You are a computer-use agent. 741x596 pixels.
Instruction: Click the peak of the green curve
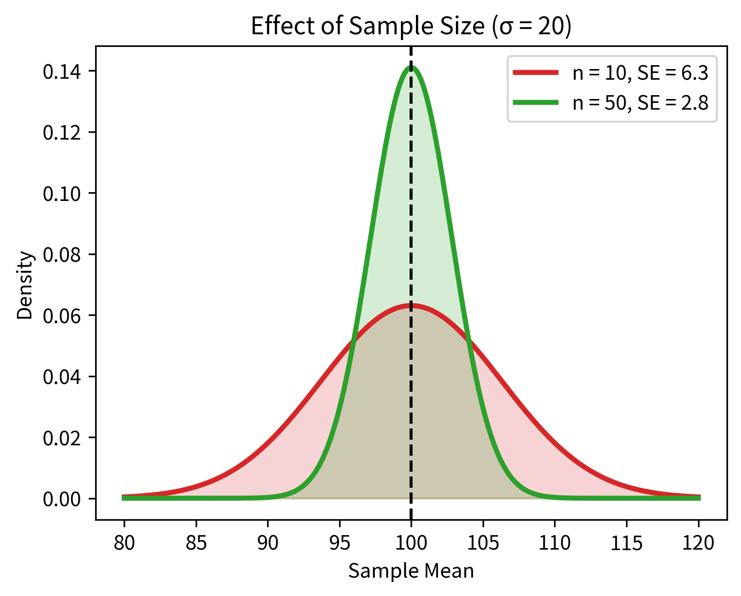tap(411, 67)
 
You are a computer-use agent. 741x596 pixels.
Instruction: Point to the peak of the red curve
tap(411, 305)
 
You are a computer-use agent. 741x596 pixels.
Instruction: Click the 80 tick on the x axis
tap(124, 543)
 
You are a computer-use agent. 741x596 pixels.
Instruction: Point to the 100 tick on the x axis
tap(411, 543)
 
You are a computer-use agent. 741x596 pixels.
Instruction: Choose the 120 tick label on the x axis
tap(698, 543)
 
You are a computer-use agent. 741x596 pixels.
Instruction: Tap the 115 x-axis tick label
tap(627, 543)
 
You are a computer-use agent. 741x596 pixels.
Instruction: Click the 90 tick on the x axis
tap(268, 543)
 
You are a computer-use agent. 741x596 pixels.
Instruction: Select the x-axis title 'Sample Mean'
tap(411, 571)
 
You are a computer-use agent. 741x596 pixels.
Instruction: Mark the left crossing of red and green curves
tap(353, 340)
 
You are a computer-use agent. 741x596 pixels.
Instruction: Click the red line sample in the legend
tap(536, 73)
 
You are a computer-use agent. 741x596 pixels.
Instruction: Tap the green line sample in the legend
tap(536, 102)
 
